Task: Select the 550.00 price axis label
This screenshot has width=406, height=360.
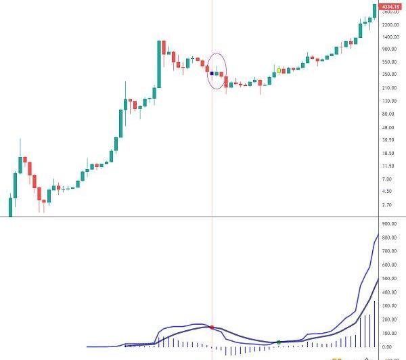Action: (390, 62)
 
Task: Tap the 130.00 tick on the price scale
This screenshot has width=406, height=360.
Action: (390, 101)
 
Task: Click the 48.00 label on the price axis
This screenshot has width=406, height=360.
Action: (388, 127)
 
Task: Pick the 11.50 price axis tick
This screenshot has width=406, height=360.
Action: (388, 166)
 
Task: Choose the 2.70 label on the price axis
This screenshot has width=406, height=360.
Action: (387, 204)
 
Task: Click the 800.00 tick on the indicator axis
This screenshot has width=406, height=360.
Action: (389, 238)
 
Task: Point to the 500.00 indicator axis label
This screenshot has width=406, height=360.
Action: (389, 279)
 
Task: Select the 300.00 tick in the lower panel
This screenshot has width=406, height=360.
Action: (389, 306)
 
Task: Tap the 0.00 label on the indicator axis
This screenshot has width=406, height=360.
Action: (387, 347)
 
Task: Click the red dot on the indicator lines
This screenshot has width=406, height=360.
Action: (212, 328)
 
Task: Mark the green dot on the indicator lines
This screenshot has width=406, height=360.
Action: (279, 342)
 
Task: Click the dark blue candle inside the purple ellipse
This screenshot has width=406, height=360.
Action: (212, 73)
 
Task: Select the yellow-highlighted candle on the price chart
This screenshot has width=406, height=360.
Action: (279, 70)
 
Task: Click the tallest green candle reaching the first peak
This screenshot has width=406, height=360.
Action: (159, 64)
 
